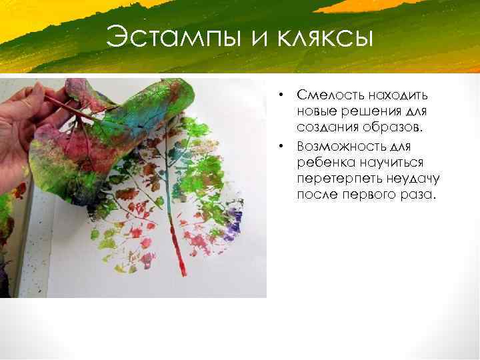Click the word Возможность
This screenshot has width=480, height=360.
click(338, 145)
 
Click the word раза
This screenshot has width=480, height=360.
click(416, 195)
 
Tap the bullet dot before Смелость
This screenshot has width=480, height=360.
click(283, 95)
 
